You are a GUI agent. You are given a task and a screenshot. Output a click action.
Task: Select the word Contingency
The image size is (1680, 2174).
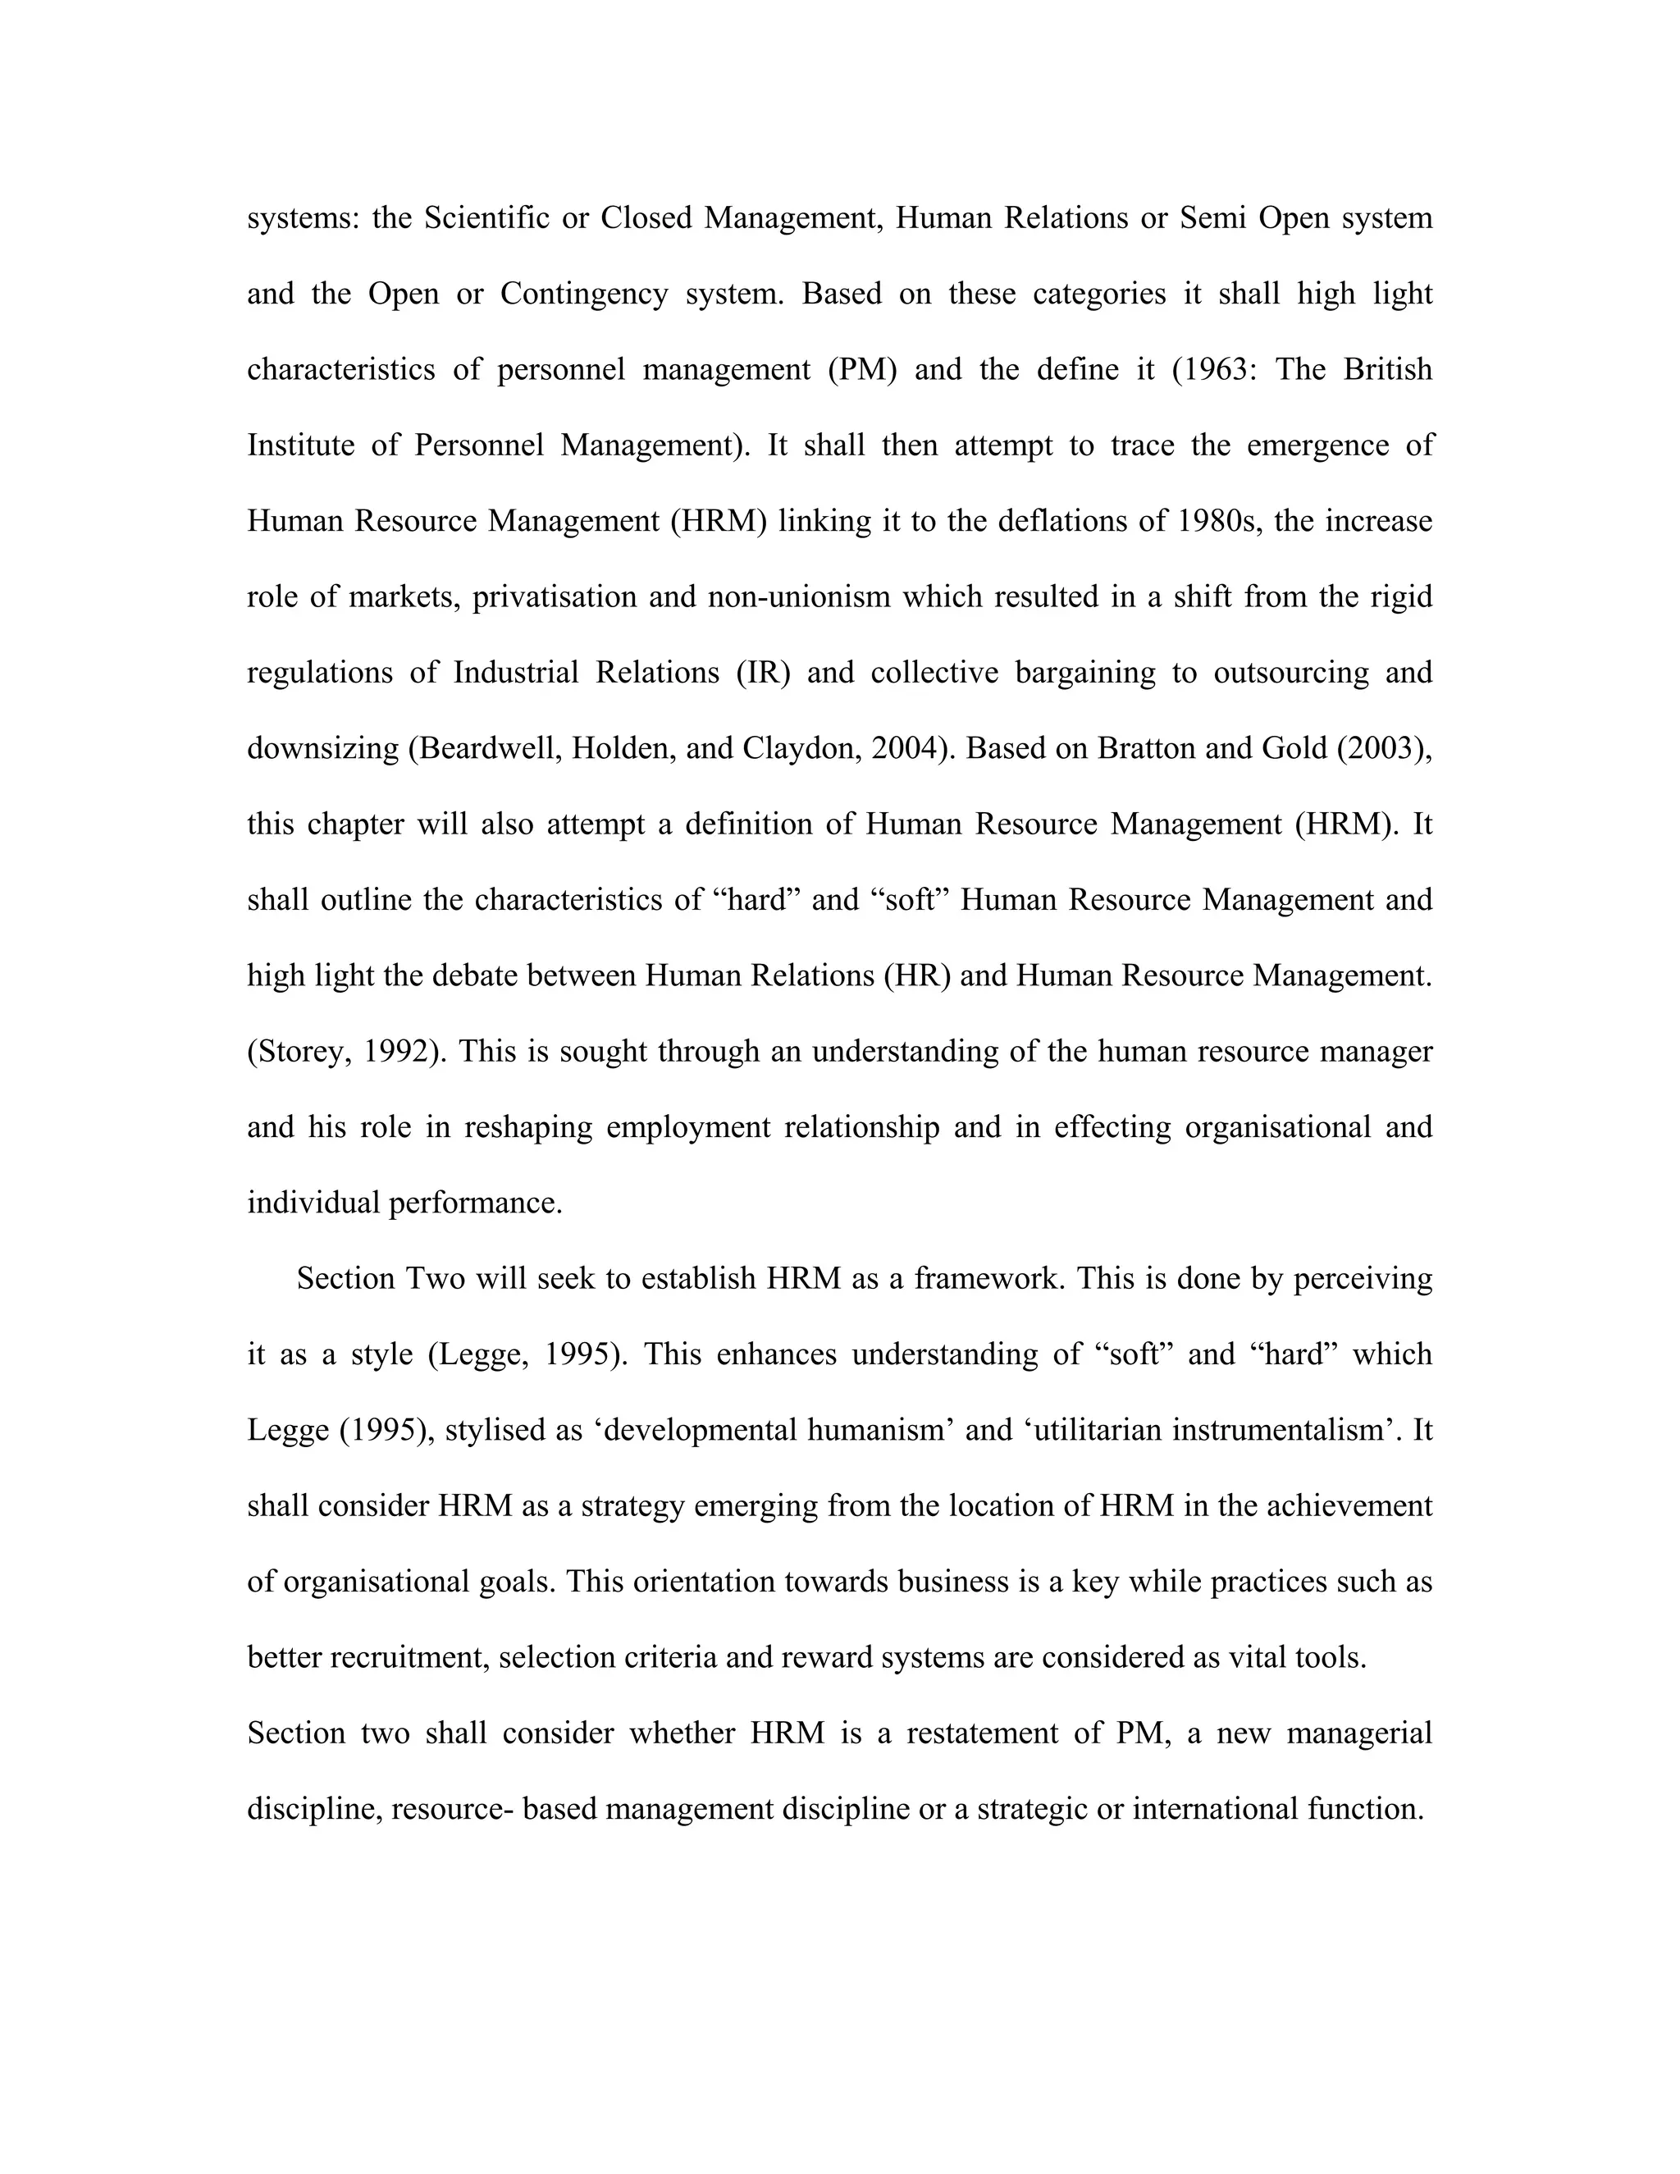point(583,294)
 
